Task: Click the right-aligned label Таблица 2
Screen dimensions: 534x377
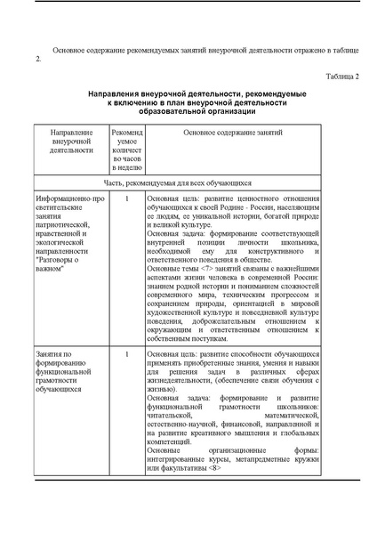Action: pyautogui.click(x=341, y=77)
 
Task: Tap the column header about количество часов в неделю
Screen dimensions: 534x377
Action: pyautogui.click(x=127, y=149)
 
